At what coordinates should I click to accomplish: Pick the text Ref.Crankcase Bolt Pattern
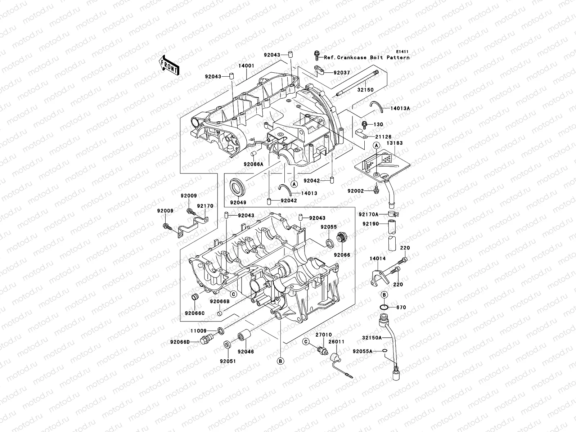[x=366, y=58]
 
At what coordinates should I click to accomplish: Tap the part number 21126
[x=383, y=137]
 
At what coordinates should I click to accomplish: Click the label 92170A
[x=369, y=215]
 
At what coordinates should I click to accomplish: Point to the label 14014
[x=377, y=258]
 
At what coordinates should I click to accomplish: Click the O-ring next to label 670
[x=384, y=307]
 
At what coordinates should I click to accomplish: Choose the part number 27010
[x=323, y=335]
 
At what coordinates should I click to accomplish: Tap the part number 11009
[x=199, y=330]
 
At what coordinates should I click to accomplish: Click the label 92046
[x=246, y=351]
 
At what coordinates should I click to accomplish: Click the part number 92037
[x=342, y=73]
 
